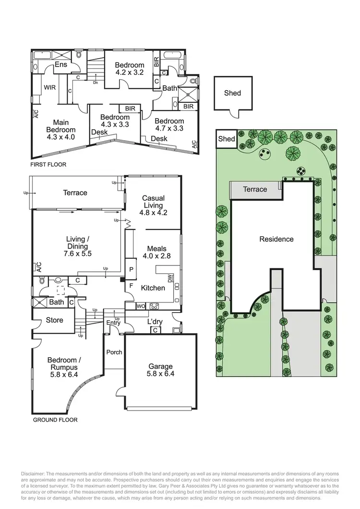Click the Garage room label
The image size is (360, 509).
(x=160, y=367)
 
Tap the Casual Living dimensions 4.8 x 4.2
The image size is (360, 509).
(x=154, y=213)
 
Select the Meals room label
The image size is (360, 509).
(x=157, y=248)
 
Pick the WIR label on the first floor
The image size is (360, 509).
(x=50, y=88)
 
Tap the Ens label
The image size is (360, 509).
(x=61, y=65)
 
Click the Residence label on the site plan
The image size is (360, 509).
(x=276, y=239)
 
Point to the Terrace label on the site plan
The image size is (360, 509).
(x=254, y=189)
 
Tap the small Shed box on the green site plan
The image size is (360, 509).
(x=226, y=139)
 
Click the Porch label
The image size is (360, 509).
(x=114, y=352)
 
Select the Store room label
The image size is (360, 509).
(x=54, y=320)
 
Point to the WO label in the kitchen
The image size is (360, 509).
(x=141, y=305)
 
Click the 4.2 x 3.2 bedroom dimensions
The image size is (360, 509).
(x=130, y=73)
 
